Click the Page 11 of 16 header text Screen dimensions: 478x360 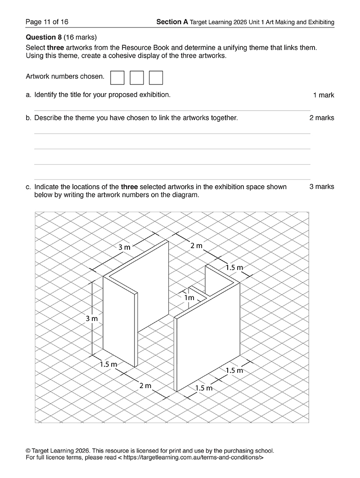pyautogui.click(x=47, y=22)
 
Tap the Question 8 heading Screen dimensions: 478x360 pyautogui.click(x=44, y=37)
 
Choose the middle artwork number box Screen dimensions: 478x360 pyautogui.click(x=137, y=77)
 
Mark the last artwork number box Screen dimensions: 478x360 pyautogui.click(x=156, y=77)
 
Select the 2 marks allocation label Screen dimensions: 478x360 pyautogui.click(x=322, y=118)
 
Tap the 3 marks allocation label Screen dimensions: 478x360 pyautogui.click(x=322, y=187)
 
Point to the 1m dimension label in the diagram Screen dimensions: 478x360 pyautogui.click(x=189, y=298)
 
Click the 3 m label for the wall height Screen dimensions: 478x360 pyautogui.click(x=92, y=319)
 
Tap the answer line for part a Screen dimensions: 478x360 pyautogui.click(x=172, y=110)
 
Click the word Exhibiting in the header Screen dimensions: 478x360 pyautogui.click(x=319, y=22)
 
